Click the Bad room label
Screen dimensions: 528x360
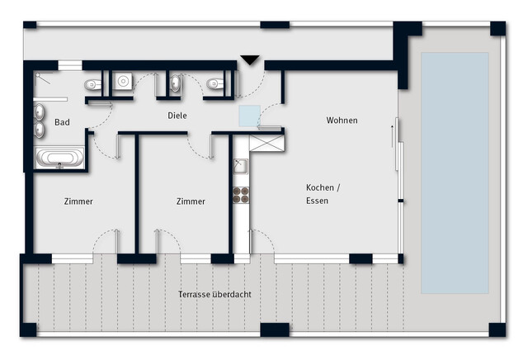point(63,122)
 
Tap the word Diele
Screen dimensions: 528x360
point(177,116)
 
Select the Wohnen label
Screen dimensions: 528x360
point(342,121)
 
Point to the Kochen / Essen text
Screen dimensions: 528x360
point(323,194)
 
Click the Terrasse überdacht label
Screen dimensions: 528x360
point(214,294)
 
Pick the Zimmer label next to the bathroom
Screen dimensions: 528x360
point(78,201)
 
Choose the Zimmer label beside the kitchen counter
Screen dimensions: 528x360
point(191,201)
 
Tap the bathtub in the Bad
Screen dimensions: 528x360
point(60,158)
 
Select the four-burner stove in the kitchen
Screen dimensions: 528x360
point(241,195)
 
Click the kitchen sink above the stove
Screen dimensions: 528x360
point(240,167)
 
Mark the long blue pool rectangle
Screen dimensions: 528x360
point(455,173)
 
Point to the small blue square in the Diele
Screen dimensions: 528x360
point(249,116)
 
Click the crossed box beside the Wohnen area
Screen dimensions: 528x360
point(267,144)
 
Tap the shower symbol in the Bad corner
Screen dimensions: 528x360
point(43,78)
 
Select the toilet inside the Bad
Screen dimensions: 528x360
point(93,84)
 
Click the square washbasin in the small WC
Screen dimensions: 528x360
point(123,81)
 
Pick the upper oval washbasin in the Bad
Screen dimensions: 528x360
point(40,112)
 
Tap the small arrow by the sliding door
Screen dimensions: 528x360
point(392,136)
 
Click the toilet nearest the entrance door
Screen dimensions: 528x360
point(215,84)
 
